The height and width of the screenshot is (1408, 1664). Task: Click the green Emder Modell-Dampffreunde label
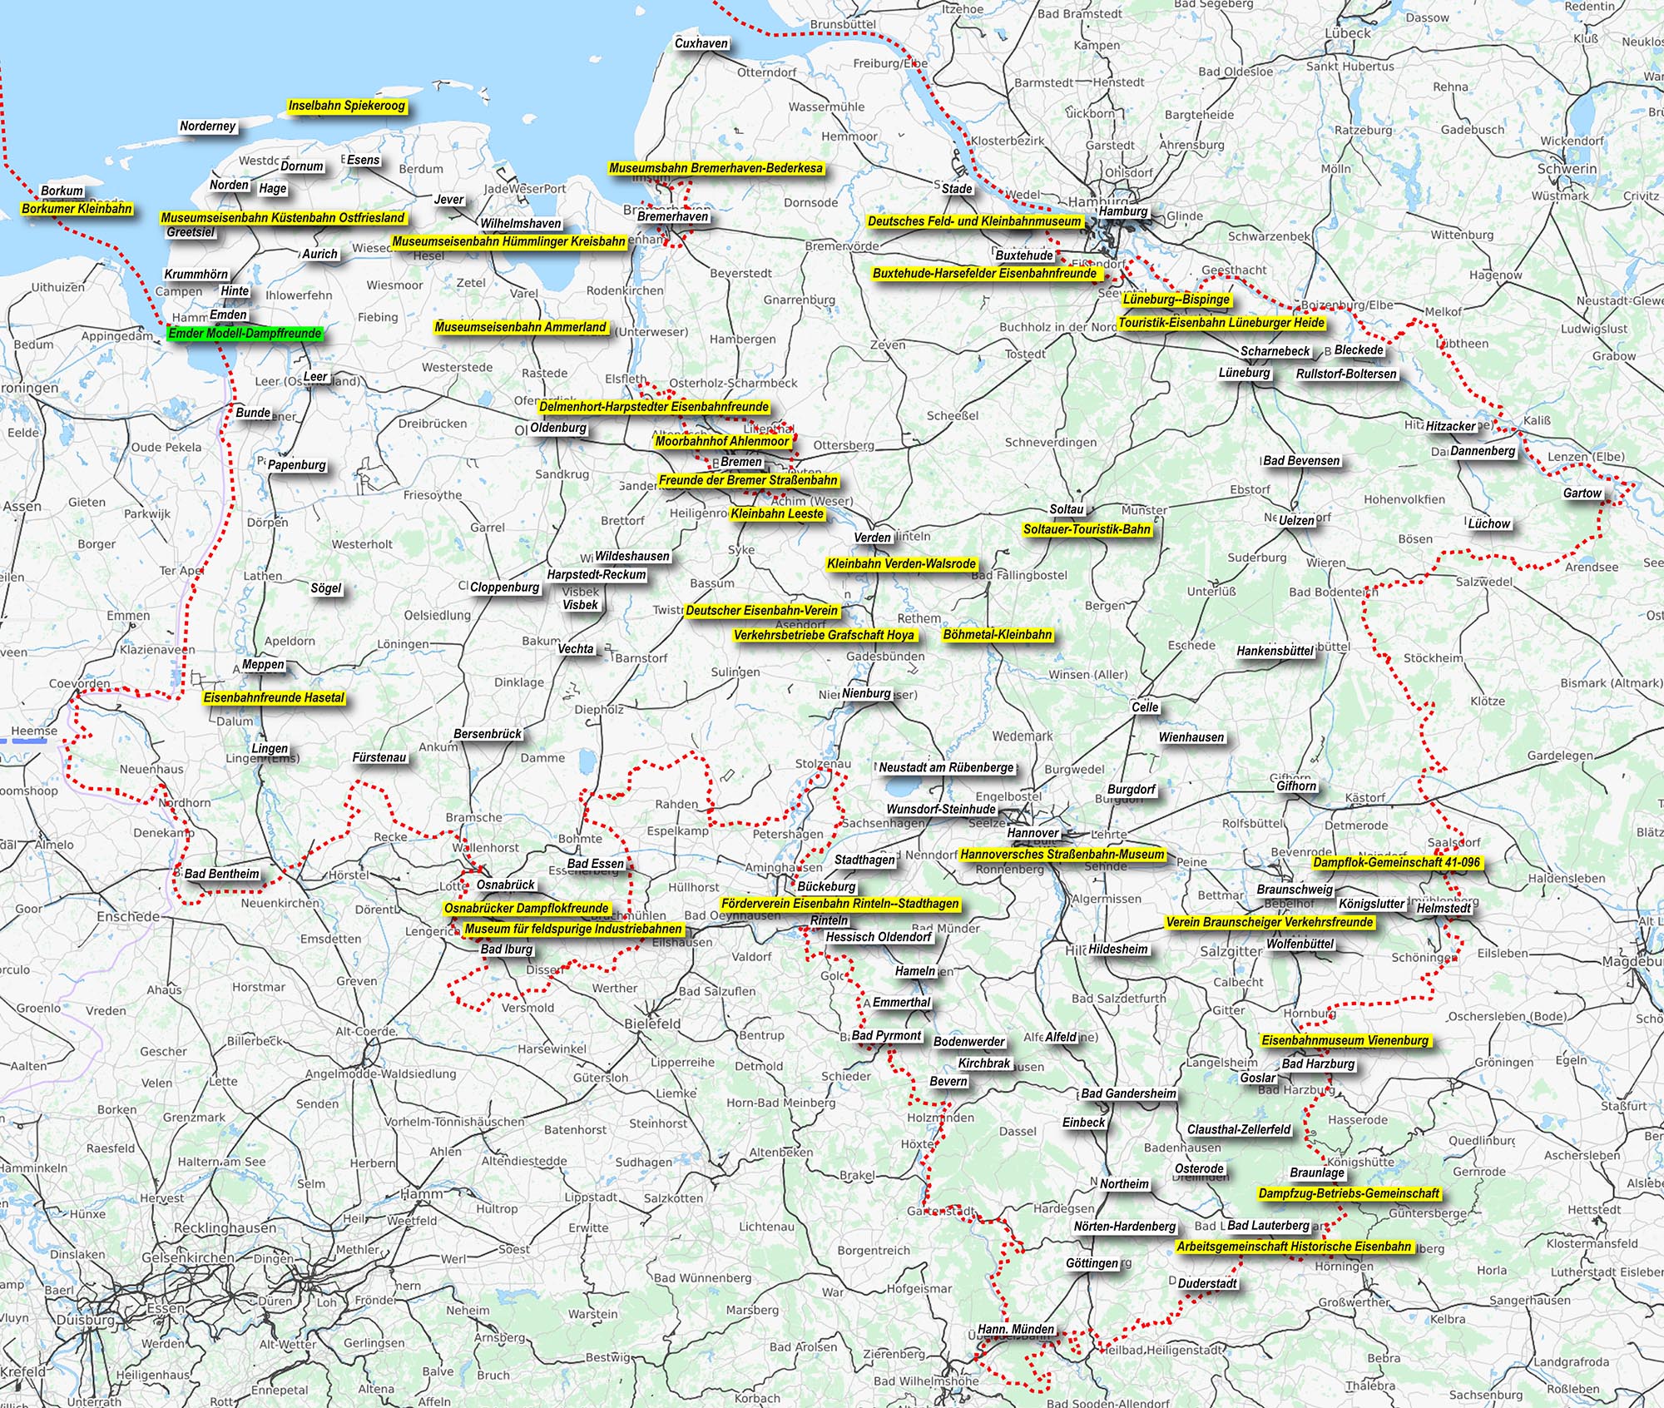(244, 334)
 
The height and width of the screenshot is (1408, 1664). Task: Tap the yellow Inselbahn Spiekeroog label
(346, 107)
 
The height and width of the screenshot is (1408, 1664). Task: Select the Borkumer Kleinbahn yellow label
(77, 209)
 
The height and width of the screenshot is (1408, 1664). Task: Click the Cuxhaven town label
(701, 44)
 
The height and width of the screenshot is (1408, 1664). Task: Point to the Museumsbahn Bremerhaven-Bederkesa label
(716, 169)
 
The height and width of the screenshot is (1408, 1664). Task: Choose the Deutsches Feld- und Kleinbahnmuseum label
(974, 221)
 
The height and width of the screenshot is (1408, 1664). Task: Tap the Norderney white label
(208, 126)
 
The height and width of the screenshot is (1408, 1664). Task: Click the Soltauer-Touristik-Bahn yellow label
(1087, 529)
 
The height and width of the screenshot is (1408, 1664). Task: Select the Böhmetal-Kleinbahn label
(998, 635)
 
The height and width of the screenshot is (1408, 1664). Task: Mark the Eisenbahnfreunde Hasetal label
(274, 698)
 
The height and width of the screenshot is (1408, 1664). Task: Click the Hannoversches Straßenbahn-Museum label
(1062, 855)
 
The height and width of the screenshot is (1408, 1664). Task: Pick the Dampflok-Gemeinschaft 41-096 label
(1396, 863)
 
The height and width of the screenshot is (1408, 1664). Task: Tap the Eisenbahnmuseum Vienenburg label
(1345, 1041)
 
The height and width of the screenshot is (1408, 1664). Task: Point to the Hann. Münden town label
(1015, 1330)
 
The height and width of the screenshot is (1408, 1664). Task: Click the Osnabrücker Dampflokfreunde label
(526, 909)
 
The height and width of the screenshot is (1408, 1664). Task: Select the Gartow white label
(1582, 493)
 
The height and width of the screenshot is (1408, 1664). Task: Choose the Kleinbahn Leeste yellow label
(777, 514)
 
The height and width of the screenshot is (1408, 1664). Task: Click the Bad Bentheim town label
(221, 875)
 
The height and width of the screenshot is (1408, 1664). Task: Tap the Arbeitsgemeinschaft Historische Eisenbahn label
(1294, 1247)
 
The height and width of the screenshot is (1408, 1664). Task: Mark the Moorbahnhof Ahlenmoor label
(722, 442)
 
